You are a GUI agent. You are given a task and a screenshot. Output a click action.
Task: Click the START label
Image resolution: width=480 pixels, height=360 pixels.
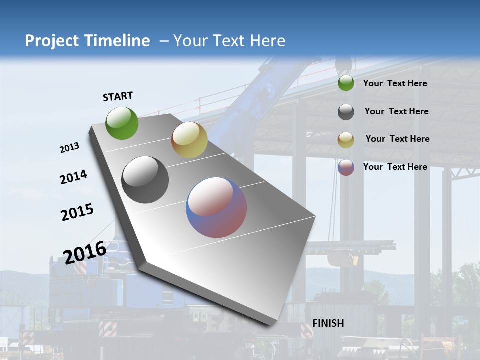click(118, 96)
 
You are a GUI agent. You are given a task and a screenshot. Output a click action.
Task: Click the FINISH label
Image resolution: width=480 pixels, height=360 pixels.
click(328, 323)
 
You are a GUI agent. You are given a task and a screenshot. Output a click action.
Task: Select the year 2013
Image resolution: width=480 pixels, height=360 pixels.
click(69, 148)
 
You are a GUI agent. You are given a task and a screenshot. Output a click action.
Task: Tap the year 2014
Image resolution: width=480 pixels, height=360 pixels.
click(73, 177)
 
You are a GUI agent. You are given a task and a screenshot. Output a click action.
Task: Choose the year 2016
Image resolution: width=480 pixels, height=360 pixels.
click(85, 252)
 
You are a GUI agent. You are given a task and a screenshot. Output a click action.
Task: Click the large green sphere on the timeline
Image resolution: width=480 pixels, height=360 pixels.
click(122, 123)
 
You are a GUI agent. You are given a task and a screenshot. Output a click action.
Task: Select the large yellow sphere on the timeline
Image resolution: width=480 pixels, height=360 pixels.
click(189, 140)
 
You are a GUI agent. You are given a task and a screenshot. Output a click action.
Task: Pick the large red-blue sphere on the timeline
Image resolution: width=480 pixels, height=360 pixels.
click(216, 207)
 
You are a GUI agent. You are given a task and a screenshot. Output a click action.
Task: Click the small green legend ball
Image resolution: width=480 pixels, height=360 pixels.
click(346, 83)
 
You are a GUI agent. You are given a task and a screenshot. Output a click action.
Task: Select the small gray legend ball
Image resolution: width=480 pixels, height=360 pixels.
click(346, 112)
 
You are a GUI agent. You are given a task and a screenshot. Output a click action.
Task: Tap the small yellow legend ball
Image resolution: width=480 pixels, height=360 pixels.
click(346, 140)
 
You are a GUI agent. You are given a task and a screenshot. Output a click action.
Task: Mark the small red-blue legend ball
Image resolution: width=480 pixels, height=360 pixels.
click(346, 167)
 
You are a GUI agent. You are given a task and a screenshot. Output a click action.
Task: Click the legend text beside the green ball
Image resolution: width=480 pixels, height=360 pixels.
click(395, 83)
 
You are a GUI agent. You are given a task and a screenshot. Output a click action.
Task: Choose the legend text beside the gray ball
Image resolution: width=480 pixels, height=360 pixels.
click(396, 111)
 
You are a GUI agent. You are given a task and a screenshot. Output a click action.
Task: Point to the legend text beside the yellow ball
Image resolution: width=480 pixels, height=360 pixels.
click(397, 139)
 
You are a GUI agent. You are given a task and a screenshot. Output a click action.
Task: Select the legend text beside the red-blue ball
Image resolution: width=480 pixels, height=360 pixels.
click(395, 167)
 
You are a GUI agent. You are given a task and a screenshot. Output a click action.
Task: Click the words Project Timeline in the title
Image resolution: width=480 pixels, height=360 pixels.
click(87, 41)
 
